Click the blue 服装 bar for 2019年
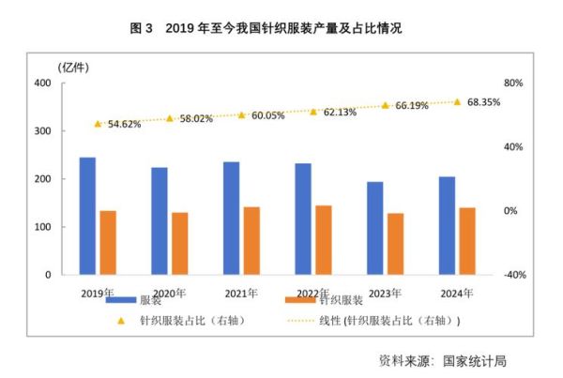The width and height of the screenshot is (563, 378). [x=87, y=216]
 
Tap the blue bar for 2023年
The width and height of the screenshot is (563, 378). [x=374, y=228]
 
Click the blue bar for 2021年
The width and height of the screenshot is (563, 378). [x=231, y=219]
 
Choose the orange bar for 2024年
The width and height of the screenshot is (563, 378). [x=467, y=241]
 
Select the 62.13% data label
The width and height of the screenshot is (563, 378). [x=339, y=112]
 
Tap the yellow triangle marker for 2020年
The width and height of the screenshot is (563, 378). [x=170, y=118]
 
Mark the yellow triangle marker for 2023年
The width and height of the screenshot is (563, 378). [x=385, y=105]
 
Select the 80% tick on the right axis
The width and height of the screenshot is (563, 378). [x=512, y=83]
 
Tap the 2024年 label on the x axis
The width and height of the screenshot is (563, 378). [x=456, y=293]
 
